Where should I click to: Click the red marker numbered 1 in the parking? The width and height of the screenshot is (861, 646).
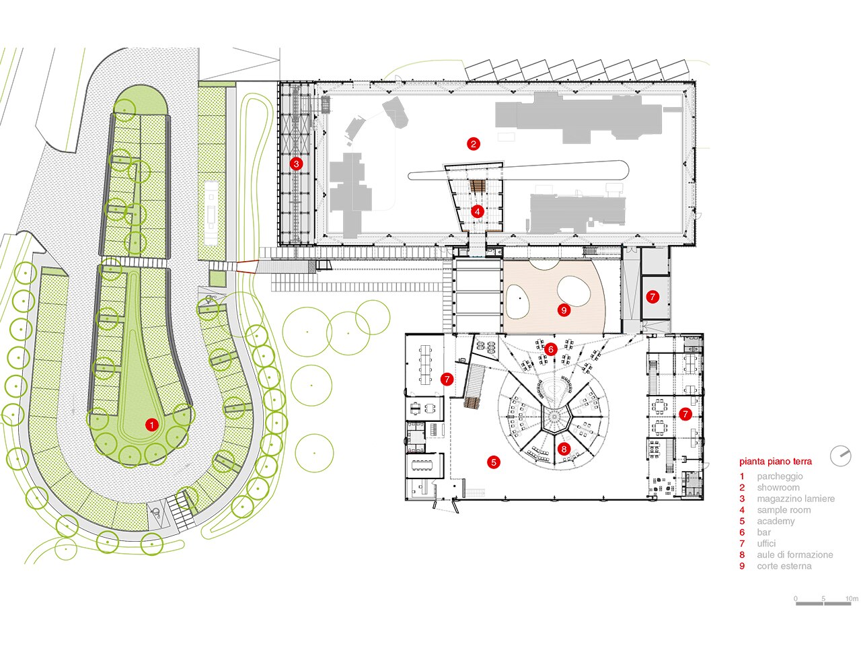pos(151,425)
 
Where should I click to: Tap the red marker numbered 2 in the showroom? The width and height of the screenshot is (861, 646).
pos(473,144)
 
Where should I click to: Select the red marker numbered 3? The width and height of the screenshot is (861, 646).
pos(296,164)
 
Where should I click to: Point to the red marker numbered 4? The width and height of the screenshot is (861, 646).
pos(477,212)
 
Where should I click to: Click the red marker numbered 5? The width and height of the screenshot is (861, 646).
pos(494,462)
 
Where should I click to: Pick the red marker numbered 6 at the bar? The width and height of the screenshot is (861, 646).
pos(551,349)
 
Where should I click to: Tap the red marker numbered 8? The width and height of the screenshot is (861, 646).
pos(564,449)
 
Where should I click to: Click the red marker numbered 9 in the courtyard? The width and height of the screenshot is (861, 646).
pos(564,310)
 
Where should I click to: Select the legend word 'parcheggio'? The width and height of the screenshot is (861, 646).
pos(780,476)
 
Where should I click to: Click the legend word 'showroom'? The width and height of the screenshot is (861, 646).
pos(778,488)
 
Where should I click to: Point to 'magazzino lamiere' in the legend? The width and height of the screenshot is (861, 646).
pos(796,499)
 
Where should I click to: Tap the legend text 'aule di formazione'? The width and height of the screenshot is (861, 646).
pos(794,554)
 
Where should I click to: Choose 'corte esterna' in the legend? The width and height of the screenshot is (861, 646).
pos(784,566)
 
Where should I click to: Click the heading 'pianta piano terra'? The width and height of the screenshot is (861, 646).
pos(776,462)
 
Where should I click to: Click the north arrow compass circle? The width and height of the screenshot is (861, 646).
pos(840,456)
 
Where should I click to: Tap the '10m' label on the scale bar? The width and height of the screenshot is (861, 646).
pos(852,599)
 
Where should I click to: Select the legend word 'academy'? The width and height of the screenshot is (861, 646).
pos(776,522)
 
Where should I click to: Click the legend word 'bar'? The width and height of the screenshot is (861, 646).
pos(763,532)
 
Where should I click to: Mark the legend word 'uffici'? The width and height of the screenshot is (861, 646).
pos(766,544)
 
